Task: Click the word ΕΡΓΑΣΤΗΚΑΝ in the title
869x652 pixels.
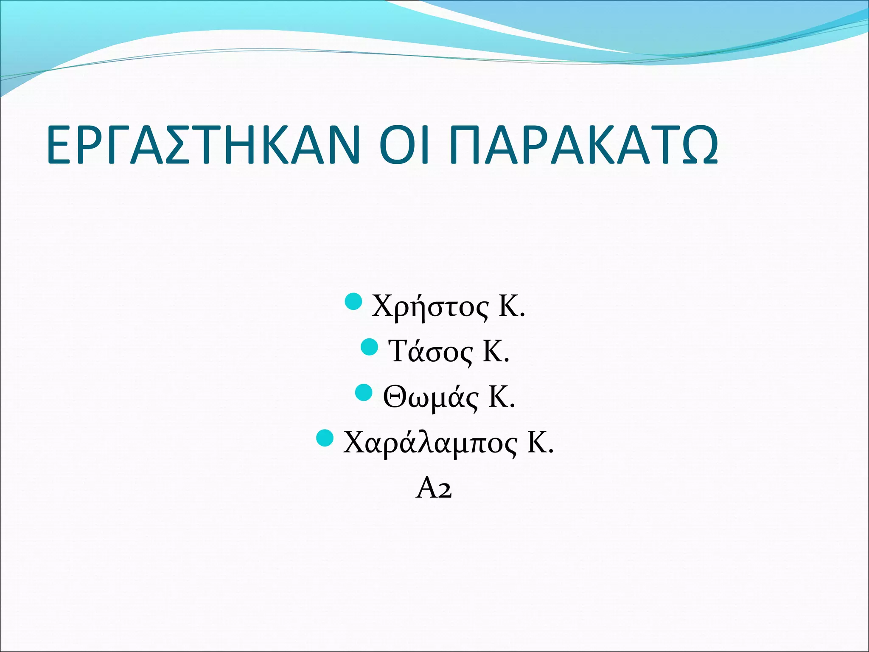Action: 203,145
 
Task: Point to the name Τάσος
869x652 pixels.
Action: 430,352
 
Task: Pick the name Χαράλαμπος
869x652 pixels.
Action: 430,443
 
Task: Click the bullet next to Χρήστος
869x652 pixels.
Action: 353,301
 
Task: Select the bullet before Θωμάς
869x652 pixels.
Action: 363,392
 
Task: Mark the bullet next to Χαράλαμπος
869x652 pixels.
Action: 325,438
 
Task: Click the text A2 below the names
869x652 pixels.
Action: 434,488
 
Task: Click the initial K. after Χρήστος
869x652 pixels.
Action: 511,306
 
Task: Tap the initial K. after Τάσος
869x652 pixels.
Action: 496,352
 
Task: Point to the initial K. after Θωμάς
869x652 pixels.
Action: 502,397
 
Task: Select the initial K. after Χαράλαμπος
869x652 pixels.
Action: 540,443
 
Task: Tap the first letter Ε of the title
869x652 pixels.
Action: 58,145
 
